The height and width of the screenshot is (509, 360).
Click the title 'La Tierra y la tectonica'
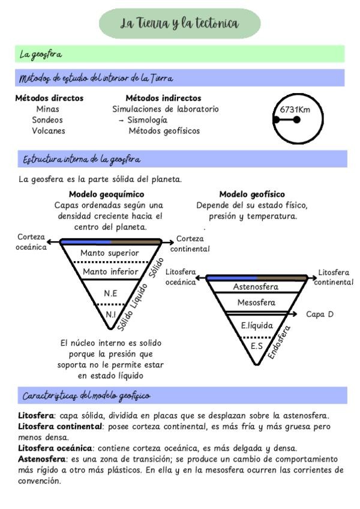coord(179,24)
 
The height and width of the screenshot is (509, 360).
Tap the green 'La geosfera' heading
coord(41,55)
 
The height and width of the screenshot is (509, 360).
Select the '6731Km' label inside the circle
coord(295,110)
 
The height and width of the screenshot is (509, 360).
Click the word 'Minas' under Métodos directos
coord(48,109)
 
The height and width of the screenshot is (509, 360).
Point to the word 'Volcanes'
coord(49,131)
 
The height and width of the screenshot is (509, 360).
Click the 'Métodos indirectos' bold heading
coord(163,98)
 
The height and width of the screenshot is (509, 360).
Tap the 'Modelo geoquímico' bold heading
coord(106,194)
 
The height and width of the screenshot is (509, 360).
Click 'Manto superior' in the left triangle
coord(110,253)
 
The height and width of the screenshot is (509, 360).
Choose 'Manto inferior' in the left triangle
coord(110,272)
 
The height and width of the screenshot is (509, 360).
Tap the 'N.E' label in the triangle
coord(110,294)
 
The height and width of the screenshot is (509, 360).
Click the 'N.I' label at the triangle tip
coord(110,315)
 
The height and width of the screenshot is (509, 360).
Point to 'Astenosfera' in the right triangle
coord(256,287)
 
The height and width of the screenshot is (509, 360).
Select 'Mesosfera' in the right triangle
coord(256,303)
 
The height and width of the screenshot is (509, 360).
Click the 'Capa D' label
coord(319,314)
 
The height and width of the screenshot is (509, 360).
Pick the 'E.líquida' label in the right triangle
coord(257,326)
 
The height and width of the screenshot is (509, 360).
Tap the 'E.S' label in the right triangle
coord(256,346)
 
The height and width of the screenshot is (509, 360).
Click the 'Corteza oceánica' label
coord(32,242)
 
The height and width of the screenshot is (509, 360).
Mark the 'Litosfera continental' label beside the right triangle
coord(333,277)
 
